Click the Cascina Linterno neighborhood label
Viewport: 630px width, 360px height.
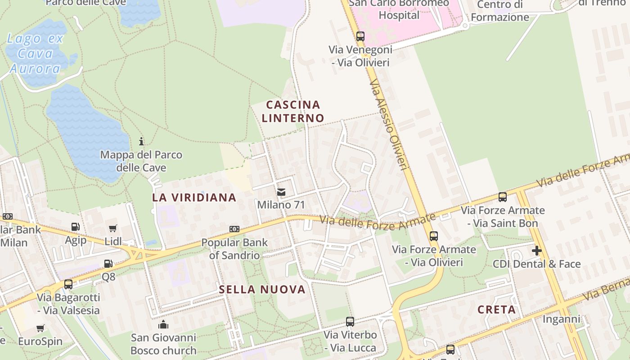coord(293,112)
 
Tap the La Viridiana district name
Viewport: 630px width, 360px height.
coord(194,197)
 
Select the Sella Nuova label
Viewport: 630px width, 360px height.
coord(262,289)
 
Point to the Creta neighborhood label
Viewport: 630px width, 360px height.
coord(497,310)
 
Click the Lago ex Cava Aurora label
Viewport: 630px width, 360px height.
coord(35,54)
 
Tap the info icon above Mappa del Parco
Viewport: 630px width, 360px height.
coord(141,141)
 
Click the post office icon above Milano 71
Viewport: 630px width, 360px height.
coord(281,192)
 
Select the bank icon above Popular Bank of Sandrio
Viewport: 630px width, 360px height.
coord(234,229)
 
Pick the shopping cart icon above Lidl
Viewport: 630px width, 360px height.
coord(113,229)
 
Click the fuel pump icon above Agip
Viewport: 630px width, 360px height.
coord(76,227)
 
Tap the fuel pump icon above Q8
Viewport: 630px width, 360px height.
coord(108,264)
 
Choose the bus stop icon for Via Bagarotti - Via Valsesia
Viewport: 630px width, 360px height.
coord(68,284)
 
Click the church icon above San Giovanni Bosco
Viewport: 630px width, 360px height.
coord(163,324)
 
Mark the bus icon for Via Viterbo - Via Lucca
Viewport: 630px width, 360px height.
coord(350,322)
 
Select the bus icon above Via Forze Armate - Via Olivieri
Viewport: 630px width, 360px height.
coord(434,236)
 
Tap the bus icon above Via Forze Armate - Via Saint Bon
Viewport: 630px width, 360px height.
coord(502,197)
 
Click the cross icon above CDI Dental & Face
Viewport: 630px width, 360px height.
coord(537,251)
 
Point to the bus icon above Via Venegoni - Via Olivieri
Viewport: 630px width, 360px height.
coord(360,36)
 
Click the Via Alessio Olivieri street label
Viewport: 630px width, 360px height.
coord(388,125)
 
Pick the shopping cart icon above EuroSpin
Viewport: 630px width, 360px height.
coord(40,328)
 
